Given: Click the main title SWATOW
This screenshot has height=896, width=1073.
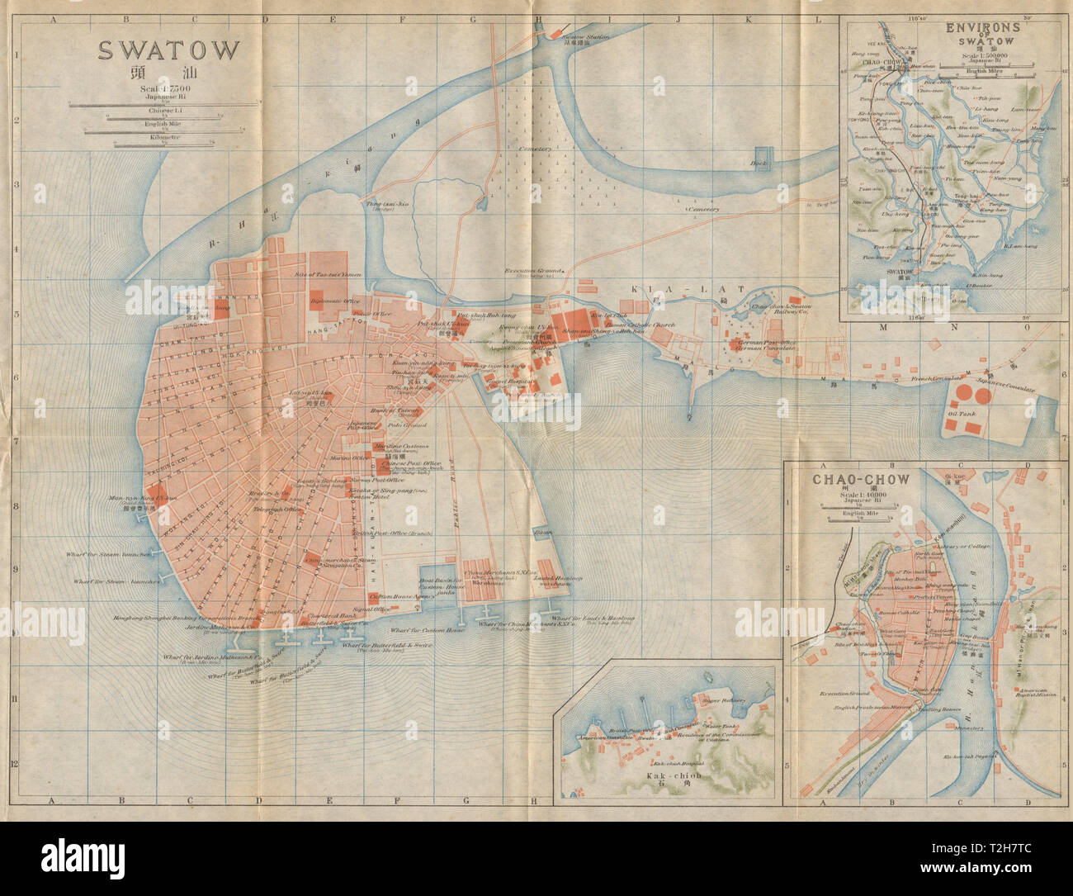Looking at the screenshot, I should (168, 50).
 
